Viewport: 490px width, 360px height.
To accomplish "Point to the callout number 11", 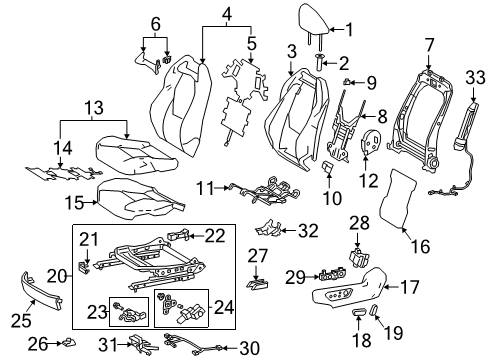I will [203, 187].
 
